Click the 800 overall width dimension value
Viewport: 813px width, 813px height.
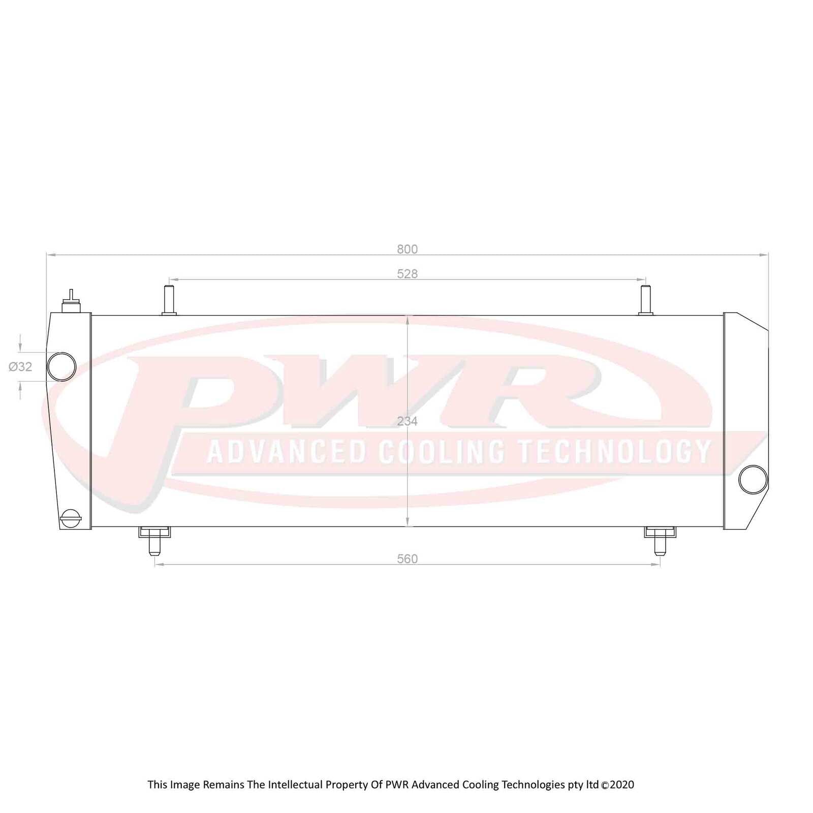(x=407, y=249)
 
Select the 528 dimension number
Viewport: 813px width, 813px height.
(x=407, y=274)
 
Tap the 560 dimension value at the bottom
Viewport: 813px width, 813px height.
(x=407, y=559)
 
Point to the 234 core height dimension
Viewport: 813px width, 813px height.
(x=407, y=421)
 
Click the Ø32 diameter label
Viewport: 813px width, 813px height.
(x=21, y=366)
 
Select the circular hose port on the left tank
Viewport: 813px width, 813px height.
(x=61, y=366)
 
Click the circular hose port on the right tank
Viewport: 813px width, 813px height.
(x=753, y=479)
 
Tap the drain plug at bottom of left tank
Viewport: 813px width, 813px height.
(x=70, y=518)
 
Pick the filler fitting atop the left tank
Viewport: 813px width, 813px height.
(x=71, y=303)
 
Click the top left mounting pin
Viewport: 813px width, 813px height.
(x=169, y=300)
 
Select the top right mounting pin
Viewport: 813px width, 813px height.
(x=646, y=300)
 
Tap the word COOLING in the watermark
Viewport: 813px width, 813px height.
(x=442, y=451)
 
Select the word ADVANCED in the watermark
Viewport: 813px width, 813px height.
(x=287, y=451)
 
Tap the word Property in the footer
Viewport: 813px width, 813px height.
(x=347, y=785)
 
